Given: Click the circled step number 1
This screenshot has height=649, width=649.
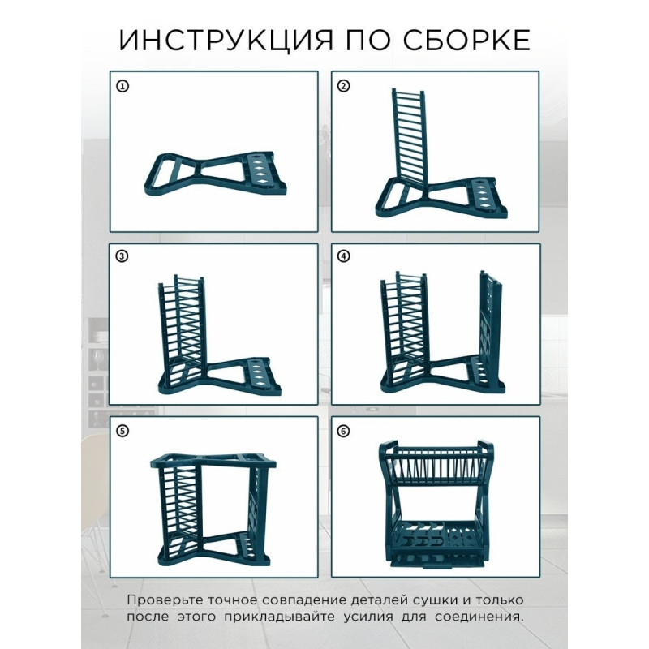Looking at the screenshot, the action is (122, 87).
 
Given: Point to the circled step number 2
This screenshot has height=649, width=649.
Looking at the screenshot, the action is (343, 86).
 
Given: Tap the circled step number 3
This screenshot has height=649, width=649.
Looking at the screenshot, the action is (121, 256).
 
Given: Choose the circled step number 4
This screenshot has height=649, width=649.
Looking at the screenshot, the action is (343, 256).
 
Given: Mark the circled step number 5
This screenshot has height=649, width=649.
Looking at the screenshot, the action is (122, 431).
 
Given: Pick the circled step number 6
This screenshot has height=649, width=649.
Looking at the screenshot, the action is (343, 431).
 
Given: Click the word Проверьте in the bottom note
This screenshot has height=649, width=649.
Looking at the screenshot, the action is (165, 600).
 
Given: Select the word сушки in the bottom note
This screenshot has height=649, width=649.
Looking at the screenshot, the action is (436, 600).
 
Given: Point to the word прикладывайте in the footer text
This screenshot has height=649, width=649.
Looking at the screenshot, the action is (279, 617).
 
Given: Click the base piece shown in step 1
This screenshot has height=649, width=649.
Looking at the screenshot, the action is (215, 174).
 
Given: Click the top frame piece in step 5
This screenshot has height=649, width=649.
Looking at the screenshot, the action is (213, 462).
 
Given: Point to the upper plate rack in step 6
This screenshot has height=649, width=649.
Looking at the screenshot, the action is (436, 462).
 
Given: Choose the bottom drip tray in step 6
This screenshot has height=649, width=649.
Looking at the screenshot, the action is (437, 560).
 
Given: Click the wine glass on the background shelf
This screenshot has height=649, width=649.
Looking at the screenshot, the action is (98, 359).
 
